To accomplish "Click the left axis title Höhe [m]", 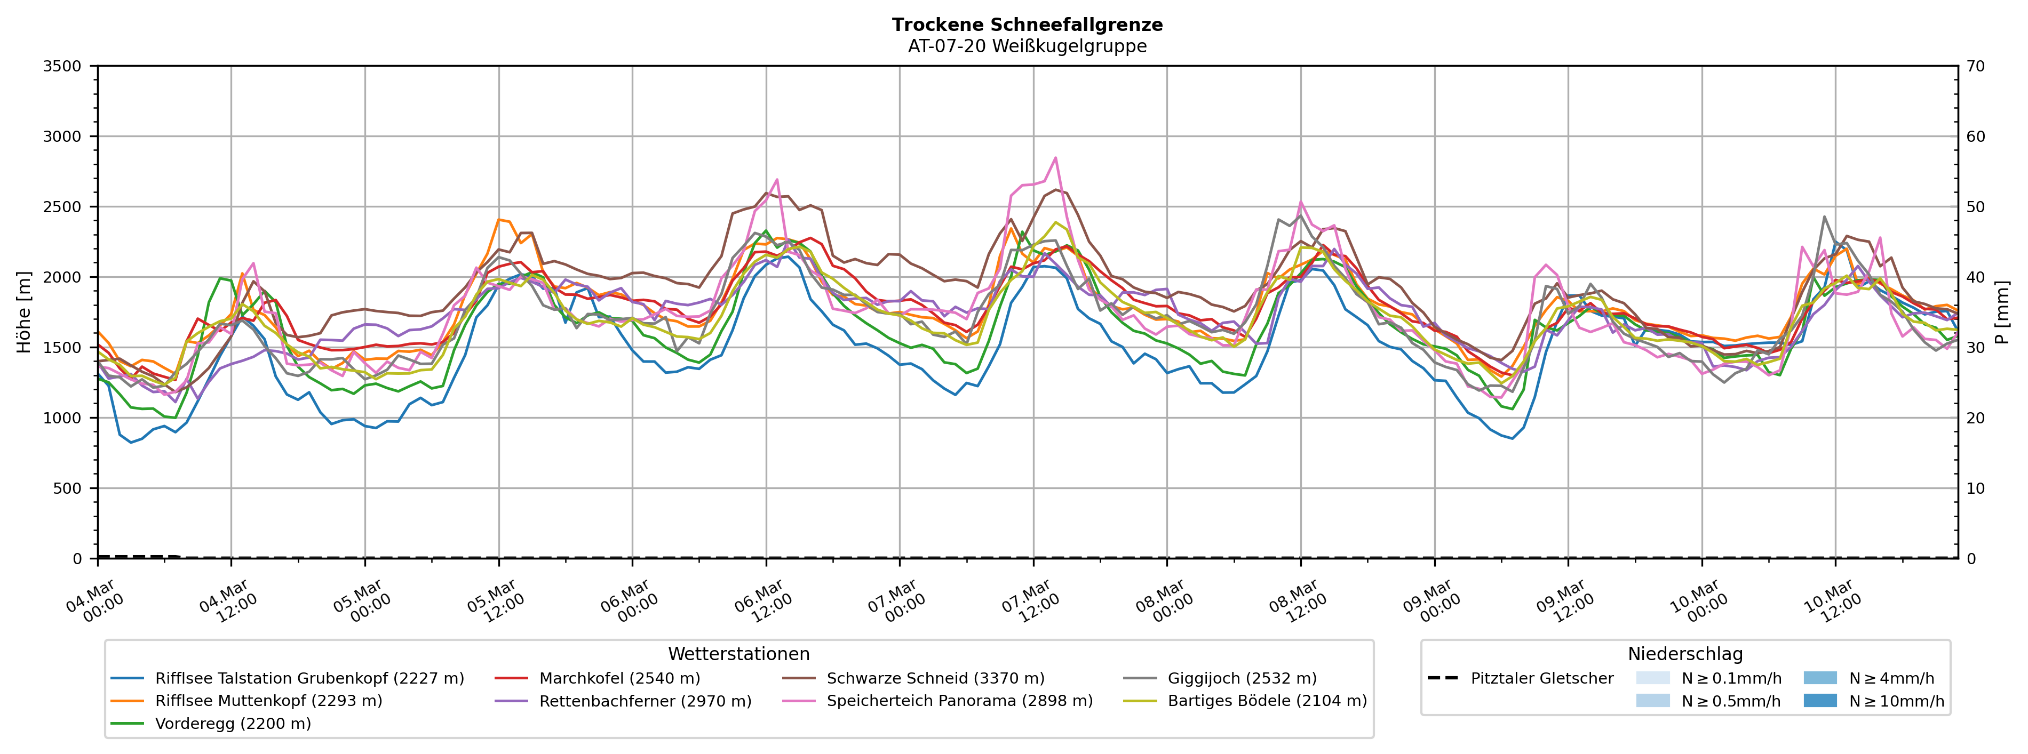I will click(23, 312).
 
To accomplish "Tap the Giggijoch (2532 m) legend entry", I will click(1242, 678).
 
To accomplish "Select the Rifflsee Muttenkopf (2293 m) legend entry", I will click(268, 701).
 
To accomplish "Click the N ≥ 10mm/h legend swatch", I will click(1820, 701).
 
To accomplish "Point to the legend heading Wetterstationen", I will click(738, 655).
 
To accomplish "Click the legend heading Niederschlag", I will click(1685, 655).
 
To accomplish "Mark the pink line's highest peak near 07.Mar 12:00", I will click(1056, 157).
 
